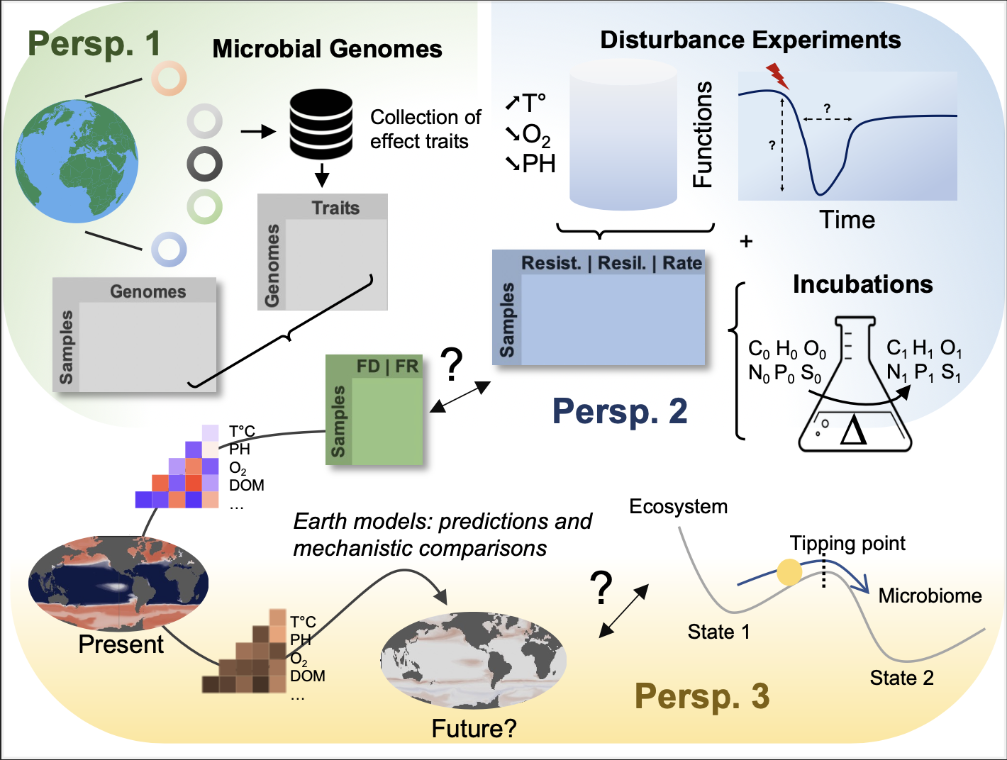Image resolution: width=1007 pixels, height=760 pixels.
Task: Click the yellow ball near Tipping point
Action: point(789,571)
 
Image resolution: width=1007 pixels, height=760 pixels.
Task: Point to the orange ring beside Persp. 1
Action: point(169,78)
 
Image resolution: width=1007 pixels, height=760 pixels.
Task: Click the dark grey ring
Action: point(205,164)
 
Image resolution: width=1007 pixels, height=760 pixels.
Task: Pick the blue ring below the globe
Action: point(169,250)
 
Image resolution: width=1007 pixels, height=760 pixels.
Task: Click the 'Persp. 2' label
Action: point(620,411)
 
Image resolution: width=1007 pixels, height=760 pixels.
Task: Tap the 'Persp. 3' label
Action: point(701,696)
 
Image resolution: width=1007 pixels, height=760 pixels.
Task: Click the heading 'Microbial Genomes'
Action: point(327,49)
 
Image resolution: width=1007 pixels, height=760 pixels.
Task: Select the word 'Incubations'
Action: point(862,284)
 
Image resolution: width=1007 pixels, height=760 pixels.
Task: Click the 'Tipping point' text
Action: point(847,544)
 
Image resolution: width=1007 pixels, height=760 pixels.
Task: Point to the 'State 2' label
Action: point(901,678)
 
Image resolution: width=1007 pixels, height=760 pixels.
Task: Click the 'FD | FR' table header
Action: point(387,367)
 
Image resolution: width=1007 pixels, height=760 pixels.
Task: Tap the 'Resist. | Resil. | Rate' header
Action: point(611,263)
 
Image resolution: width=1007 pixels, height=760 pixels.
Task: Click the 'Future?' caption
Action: point(474,728)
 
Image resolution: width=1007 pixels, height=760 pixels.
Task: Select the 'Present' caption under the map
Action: point(121,644)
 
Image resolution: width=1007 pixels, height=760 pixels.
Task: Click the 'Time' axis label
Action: point(847,220)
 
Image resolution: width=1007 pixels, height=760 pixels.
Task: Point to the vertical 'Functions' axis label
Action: point(702,135)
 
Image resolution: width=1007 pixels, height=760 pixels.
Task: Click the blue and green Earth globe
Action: point(77,162)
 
